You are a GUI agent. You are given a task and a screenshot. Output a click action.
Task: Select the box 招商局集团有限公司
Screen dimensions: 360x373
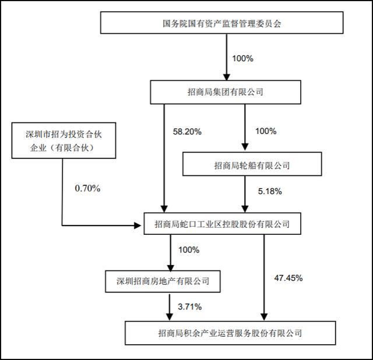(226, 92)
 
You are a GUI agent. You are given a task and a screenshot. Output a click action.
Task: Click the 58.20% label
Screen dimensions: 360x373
(188, 132)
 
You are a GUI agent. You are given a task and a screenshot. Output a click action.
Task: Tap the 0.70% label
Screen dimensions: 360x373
(88, 188)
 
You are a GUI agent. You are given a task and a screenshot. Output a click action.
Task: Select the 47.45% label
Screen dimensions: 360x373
(288, 278)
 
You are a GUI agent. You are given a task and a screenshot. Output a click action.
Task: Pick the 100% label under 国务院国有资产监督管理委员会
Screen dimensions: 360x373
(244, 59)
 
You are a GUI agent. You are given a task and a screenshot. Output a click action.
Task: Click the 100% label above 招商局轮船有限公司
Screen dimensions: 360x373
(266, 132)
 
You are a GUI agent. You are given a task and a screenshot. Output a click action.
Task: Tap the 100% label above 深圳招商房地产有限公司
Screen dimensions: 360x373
(188, 250)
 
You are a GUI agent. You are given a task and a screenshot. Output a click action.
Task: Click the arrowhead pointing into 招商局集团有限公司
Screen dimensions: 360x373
(226, 76)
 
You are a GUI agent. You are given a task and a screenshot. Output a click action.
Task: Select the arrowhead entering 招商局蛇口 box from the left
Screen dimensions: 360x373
(140, 224)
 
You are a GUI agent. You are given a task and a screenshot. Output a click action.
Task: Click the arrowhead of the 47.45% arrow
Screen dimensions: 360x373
(265, 316)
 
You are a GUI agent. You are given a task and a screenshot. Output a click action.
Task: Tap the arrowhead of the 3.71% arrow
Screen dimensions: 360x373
(169, 316)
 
